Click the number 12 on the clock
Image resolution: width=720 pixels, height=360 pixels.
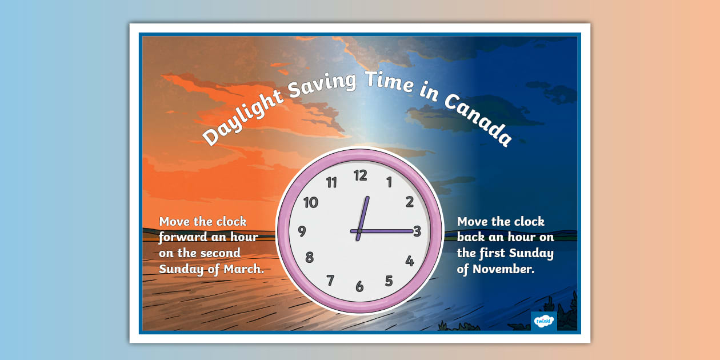point(360,175)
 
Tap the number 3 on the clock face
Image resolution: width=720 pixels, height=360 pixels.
point(417,231)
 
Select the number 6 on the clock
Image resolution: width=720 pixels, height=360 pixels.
point(359,286)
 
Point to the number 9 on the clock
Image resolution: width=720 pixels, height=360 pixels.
point(302,231)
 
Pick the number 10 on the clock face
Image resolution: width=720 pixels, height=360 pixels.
point(310,202)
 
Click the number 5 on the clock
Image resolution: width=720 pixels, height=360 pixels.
point(389,281)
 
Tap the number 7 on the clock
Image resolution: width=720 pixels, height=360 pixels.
point(330,280)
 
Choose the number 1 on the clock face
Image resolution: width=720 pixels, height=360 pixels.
point(389,183)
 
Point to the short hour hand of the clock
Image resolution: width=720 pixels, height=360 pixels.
point(363,214)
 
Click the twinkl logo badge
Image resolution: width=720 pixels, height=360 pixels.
point(543,321)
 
